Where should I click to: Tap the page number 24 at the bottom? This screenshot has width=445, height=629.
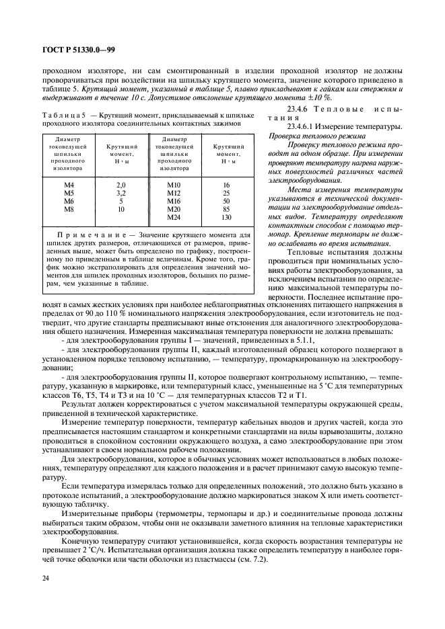pos(46,577)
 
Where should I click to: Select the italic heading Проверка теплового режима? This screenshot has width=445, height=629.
pos(312,135)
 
